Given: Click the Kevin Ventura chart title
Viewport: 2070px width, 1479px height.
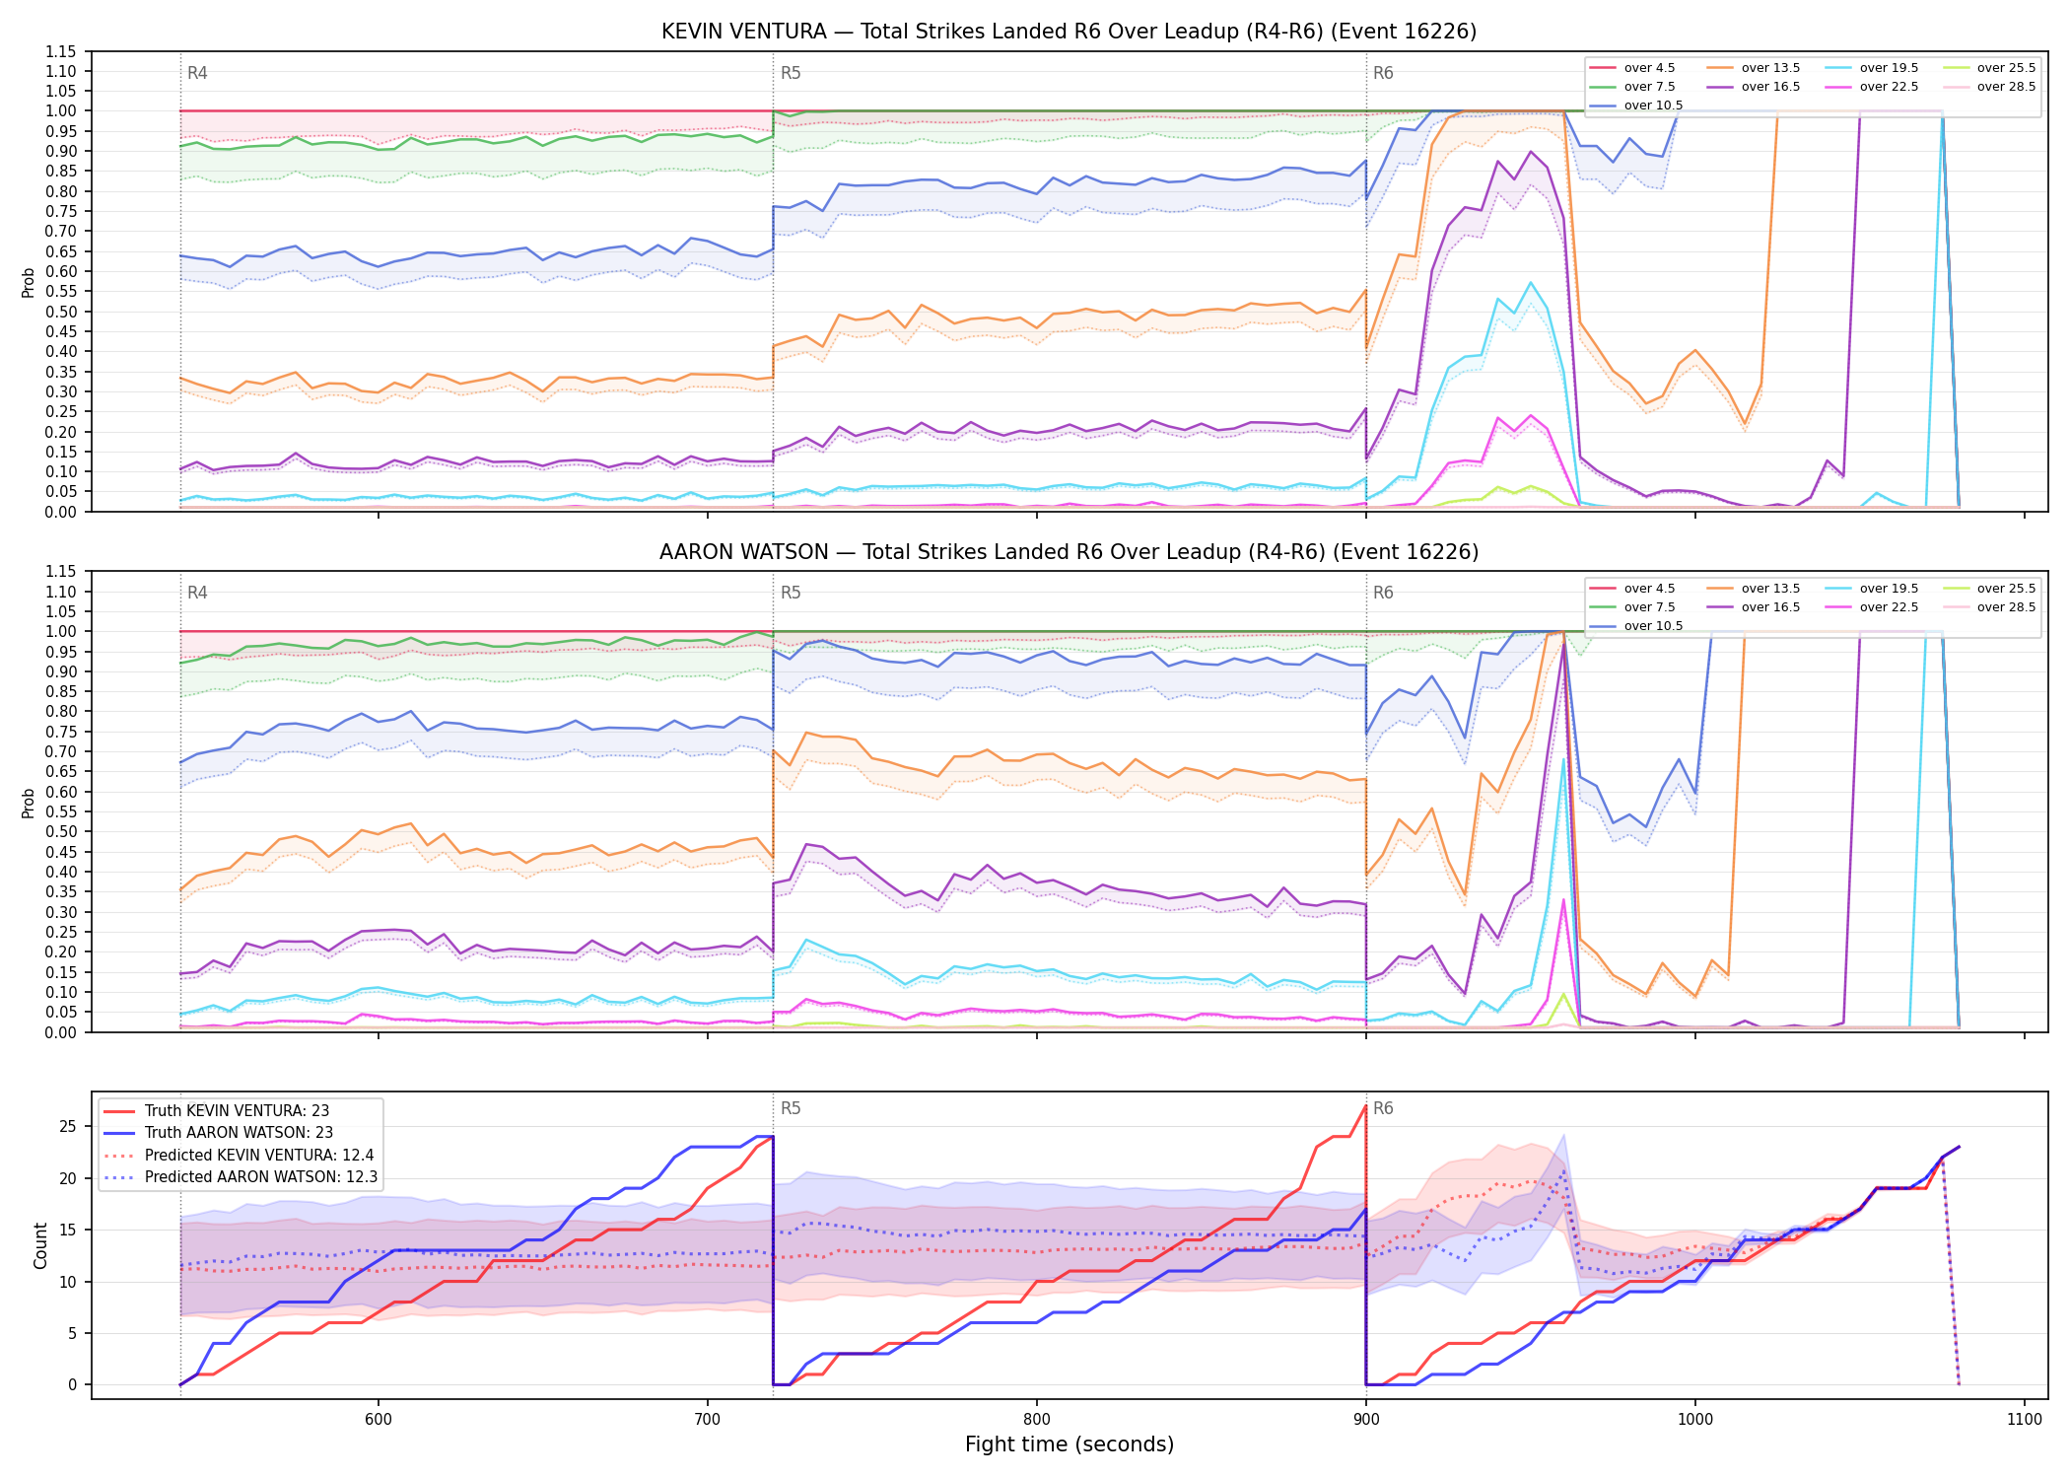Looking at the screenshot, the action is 1069,32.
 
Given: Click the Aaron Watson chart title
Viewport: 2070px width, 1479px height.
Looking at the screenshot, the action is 1069,552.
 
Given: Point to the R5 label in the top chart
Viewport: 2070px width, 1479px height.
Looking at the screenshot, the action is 791,73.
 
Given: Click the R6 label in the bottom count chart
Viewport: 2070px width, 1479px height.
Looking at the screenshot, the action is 1383,1108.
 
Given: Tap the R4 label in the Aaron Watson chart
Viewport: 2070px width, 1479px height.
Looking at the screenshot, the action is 197,593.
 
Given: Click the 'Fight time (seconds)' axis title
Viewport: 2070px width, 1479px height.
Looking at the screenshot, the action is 1069,1444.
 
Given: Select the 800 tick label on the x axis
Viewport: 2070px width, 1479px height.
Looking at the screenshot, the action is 1036,1420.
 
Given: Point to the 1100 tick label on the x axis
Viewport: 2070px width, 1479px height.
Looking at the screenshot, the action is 2024,1420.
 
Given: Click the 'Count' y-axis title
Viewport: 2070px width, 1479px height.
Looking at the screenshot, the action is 40,1245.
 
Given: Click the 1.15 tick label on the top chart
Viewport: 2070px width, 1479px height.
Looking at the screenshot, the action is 60,51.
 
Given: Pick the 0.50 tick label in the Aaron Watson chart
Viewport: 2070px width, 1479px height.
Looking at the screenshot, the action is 60,831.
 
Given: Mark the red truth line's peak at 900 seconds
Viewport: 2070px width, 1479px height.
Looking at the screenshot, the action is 1365,1105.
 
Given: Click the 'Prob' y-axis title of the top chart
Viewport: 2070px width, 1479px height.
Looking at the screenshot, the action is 29,282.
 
